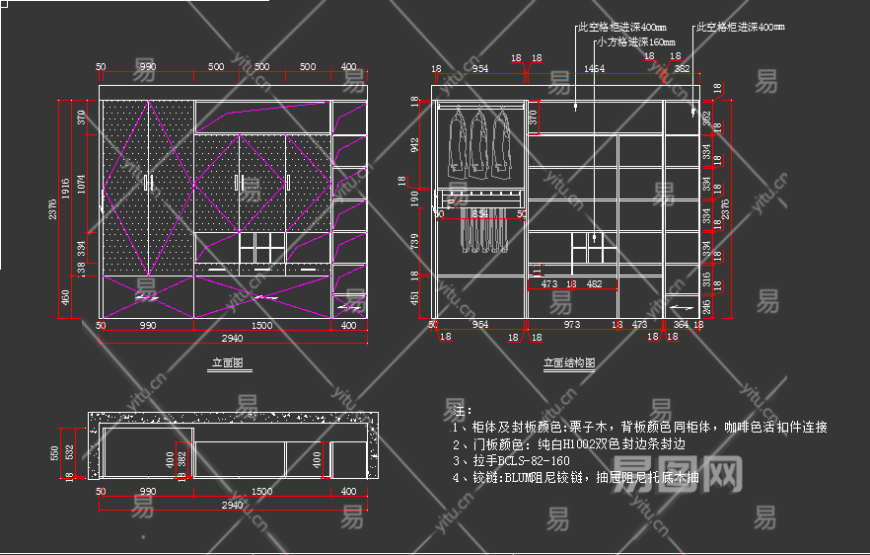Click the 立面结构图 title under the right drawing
pyautogui.click(x=569, y=363)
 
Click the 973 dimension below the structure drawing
pyautogui.click(x=572, y=324)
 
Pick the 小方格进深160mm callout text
pyautogui.click(x=635, y=42)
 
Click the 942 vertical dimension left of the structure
pyautogui.click(x=415, y=144)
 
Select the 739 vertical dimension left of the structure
pyautogui.click(x=415, y=241)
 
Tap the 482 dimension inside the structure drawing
pyautogui.click(x=594, y=284)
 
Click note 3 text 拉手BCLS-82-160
pyautogui.click(x=511, y=460)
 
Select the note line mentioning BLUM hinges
pyautogui.click(x=575, y=478)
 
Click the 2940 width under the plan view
pyautogui.click(x=232, y=505)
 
